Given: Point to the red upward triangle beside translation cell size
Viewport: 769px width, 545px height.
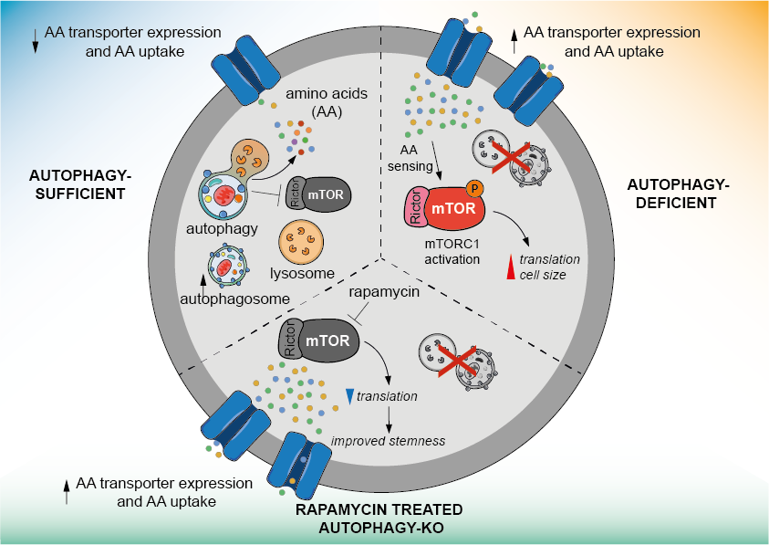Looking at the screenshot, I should pyautogui.click(x=511, y=267).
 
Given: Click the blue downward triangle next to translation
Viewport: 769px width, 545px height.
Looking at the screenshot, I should pyautogui.click(x=349, y=395).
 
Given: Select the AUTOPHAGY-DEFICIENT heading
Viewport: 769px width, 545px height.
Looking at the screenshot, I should pyautogui.click(x=679, y=194).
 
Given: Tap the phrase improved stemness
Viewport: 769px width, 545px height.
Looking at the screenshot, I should pyautogui.click(x=389, y=441).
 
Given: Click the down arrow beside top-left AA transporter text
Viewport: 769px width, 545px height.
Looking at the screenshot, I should pyautogui.click(x=35, y=41).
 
